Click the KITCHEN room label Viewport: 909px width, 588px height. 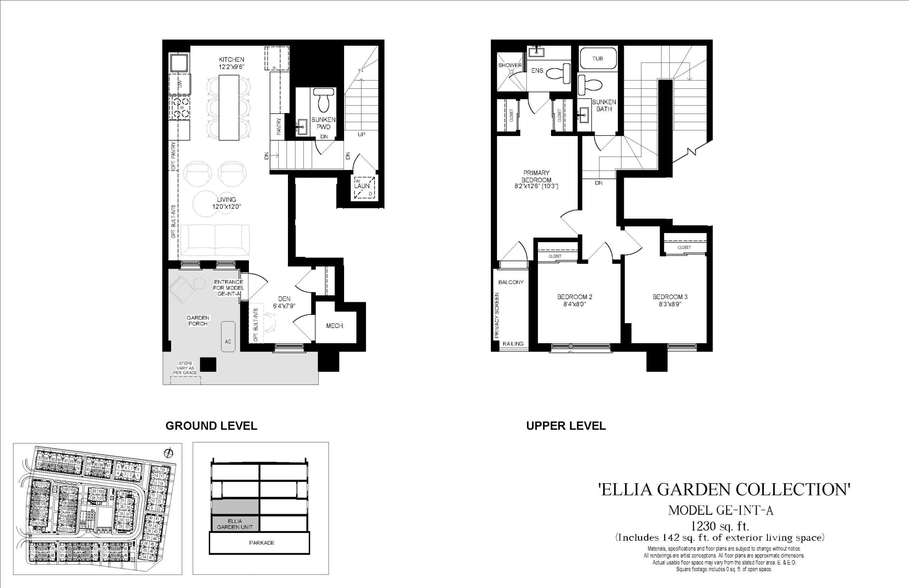click(232, 60)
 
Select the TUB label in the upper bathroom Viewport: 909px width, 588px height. click(598, 59)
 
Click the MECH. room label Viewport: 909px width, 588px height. click(335, 326)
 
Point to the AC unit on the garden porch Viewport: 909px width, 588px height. click(228, 336)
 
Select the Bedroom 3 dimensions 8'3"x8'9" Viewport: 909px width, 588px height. click(670, 304)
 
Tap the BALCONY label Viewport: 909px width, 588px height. click(511, 282)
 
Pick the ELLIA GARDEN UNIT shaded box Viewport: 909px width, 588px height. click(235, 524)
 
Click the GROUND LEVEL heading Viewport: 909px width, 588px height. click(211, 426)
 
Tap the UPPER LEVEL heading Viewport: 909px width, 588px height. click(566, 426)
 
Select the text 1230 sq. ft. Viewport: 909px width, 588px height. click(720, 527)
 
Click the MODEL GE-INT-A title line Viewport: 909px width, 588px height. click(720, 511)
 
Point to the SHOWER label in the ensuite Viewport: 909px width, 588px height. click(510, 65)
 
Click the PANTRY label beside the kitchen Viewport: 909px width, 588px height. click(279, 126)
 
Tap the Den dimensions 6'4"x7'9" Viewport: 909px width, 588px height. click(284, 306)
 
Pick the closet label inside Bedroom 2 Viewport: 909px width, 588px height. click(555, 256)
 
